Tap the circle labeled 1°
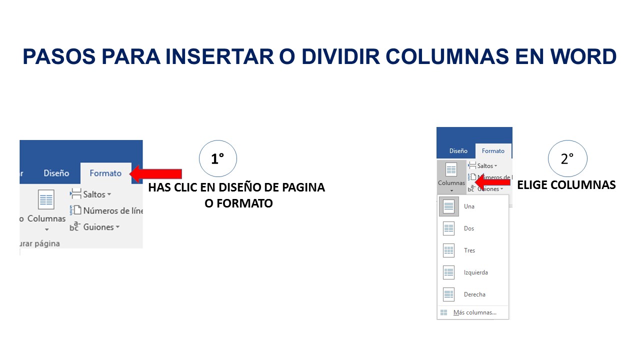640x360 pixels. [x=217, y=159]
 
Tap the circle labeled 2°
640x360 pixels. [x=567, y=159]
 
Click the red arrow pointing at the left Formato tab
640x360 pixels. [x=156, y=173]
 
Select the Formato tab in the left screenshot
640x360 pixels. [x=105, y=173]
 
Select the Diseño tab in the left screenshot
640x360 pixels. [x=56, y=173]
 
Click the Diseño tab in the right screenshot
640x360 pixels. [x=458, y=150]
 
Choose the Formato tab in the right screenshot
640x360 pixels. [x=493, y=150]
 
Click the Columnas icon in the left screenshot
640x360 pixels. [x=46, y=200]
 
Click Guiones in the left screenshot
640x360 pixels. [x=98, y=227]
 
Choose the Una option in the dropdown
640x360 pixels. [x=469, y=206]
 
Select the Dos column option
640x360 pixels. [x=469, y=228]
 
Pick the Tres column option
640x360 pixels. [x=469, y=250]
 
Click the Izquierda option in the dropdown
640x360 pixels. [x=475, y=272]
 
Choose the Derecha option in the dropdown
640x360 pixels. [x=474, y=294]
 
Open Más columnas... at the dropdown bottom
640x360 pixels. [x=474, y=312]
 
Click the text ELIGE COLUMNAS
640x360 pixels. [x=566, y=185]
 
